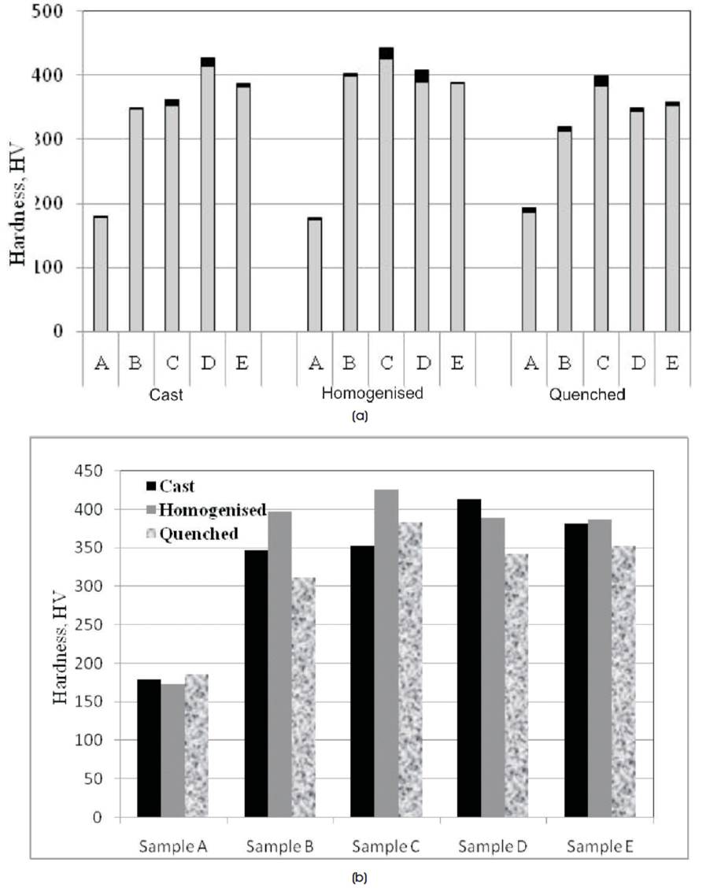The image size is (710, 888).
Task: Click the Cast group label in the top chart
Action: [165, 394]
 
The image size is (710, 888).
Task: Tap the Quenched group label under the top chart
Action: [586, 394]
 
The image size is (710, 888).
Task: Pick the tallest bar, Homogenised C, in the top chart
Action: [386, 189]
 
